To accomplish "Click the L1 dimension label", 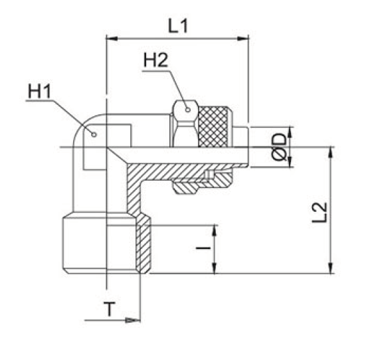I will click(x=177, y=27).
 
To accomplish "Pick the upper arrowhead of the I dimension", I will click(x=214, y=230).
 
